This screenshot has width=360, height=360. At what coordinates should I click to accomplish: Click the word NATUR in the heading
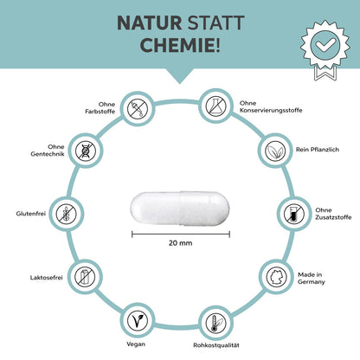150,23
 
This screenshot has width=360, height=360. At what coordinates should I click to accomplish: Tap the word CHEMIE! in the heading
180,45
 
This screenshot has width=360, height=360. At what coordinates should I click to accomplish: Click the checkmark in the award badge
325,45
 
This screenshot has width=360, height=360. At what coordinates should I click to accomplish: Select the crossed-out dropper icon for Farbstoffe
138,109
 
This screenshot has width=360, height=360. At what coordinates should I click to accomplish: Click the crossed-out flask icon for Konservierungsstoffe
215,106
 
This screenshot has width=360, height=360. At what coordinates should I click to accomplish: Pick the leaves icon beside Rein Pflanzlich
275,151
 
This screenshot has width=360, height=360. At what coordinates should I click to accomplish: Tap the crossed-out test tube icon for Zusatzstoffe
294,214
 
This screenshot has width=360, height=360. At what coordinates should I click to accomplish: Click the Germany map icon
277,277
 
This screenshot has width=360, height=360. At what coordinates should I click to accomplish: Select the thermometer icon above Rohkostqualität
215,324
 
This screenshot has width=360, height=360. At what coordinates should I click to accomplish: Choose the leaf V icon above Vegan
138,320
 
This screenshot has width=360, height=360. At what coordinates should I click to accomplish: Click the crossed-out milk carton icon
85,277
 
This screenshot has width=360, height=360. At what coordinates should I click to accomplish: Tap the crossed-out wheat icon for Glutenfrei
66,214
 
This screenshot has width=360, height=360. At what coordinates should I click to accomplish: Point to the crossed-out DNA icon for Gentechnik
86,151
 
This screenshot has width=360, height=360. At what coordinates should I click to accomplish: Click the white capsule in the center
180,208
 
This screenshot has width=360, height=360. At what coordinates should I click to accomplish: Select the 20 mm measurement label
181,243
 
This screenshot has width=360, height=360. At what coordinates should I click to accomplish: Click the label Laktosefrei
47,278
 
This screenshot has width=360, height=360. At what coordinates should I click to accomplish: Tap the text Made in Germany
312,278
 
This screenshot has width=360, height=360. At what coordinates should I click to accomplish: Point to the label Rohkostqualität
216,345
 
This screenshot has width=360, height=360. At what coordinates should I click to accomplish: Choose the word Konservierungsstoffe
271,110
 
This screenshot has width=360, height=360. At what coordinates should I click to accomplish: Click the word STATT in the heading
215,23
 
